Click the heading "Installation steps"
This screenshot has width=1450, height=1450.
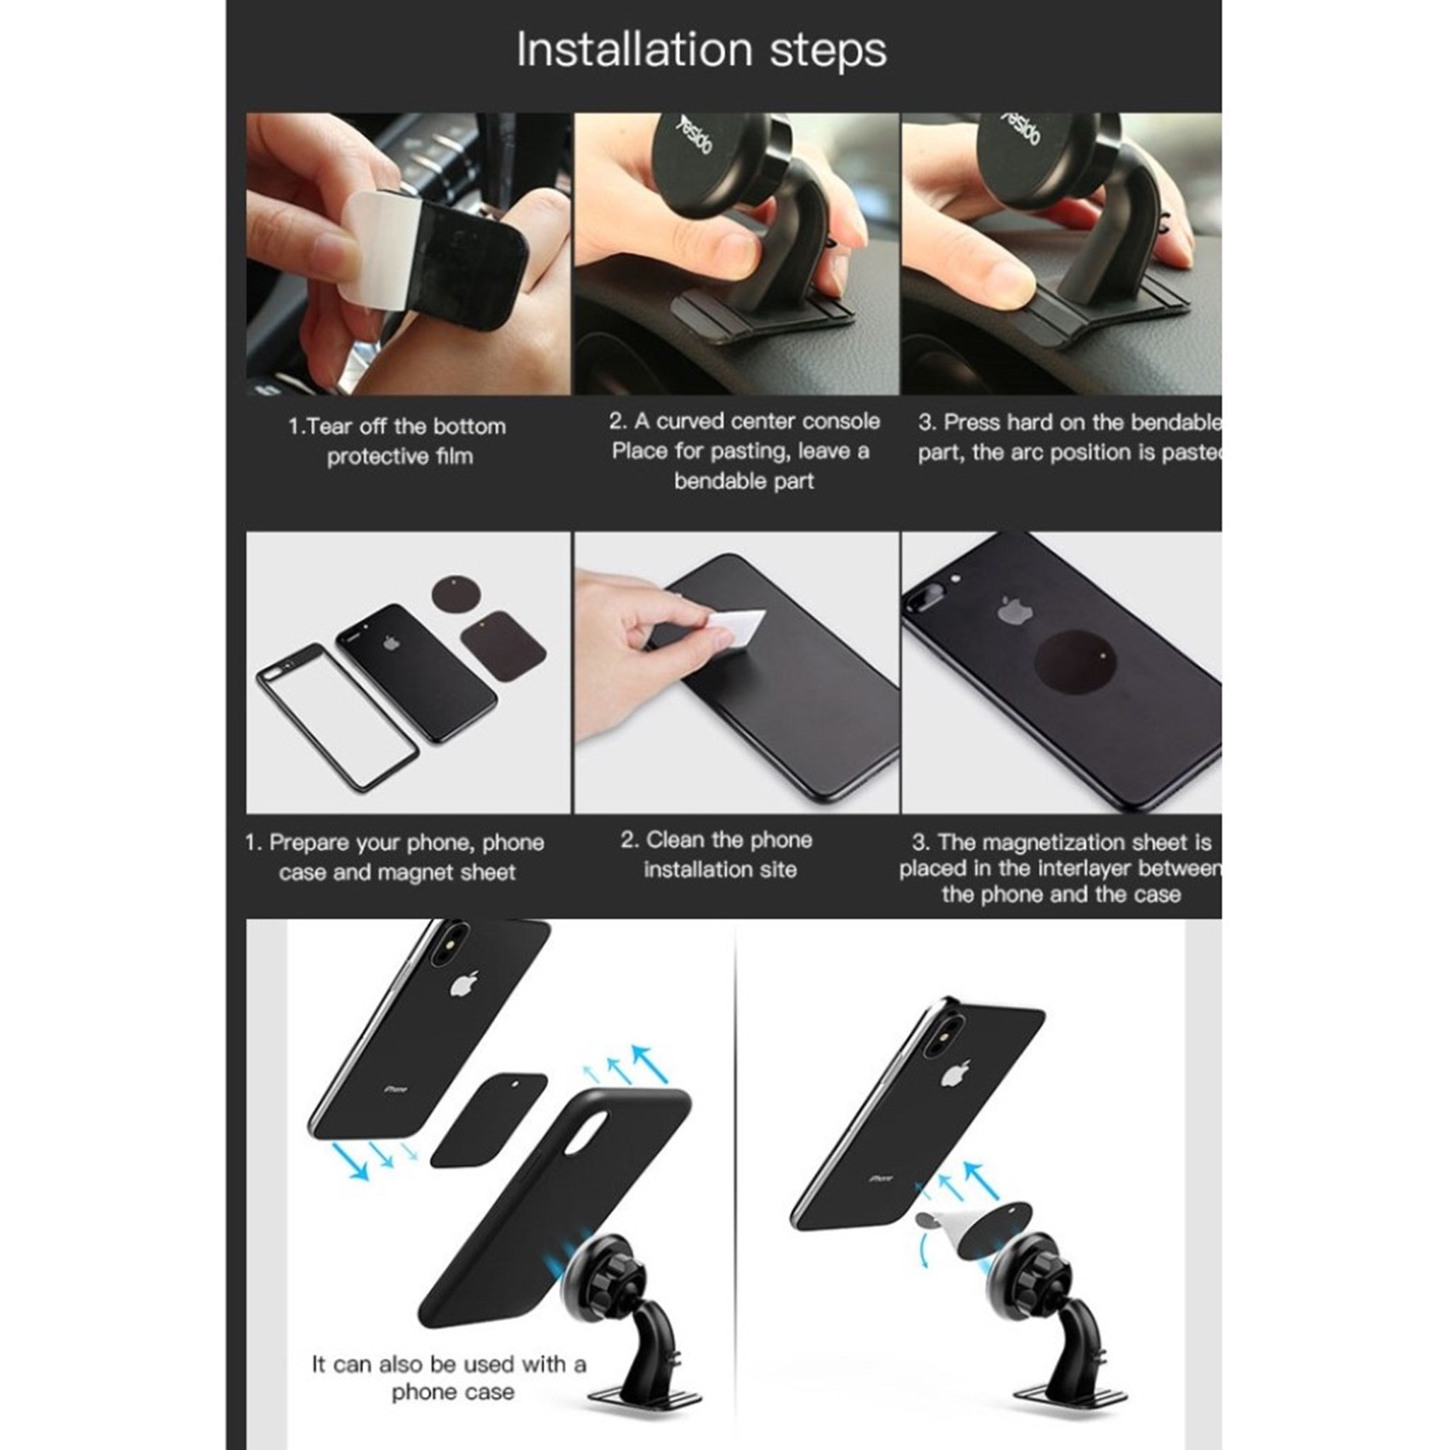701,50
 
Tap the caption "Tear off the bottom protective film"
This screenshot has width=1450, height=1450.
398,441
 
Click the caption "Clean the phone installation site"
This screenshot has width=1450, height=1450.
717,854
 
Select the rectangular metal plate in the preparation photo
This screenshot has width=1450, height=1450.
503,646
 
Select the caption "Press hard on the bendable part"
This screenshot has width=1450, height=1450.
1068,438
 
